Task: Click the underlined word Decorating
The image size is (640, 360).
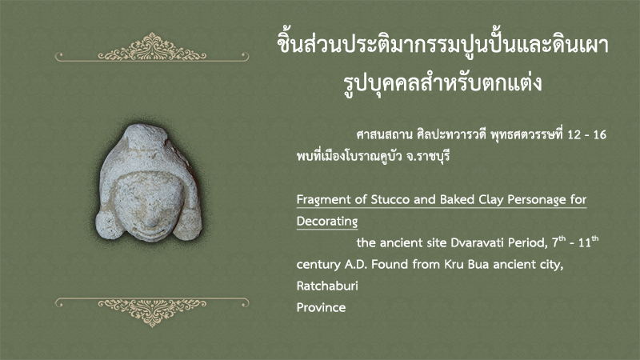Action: [x=327, y=222]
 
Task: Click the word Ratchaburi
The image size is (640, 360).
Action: [x=327, y=286]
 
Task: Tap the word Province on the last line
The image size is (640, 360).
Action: [x=322, y=307]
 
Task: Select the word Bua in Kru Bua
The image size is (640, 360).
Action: [x=478, y=265]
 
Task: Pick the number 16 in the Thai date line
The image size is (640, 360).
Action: [x=599, y=134]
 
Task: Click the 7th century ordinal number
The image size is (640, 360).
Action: [x=559, y=242]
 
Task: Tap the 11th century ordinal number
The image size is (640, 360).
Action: [x=589, y=242]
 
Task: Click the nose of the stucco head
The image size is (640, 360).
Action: [x=151, y=222]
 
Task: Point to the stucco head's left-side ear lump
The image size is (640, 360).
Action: [x=109, y=225]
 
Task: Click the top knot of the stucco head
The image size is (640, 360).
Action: [x=146, y=134]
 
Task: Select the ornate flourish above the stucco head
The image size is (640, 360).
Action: [x=152, y=48]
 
